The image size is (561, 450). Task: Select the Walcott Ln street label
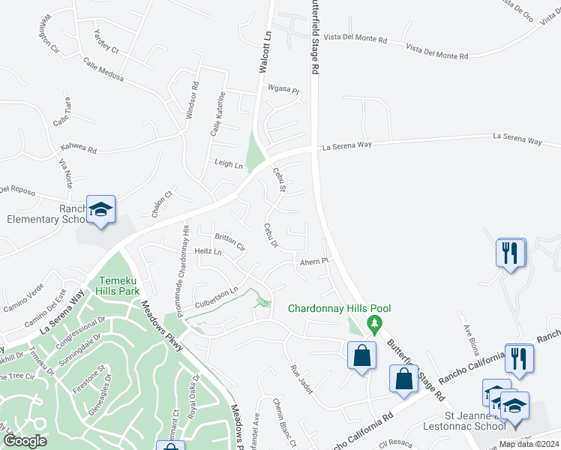[x=264, y=52]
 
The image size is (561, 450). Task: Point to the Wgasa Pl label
[x=284, y=91]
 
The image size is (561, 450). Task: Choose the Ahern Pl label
[x=314, y=261]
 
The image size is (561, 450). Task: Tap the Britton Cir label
[x=229, y=241]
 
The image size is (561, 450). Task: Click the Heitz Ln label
[x=208, y=252]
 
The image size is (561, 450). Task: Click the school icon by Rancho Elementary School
[x=100, y=211]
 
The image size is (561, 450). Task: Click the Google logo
[x=25, y=441]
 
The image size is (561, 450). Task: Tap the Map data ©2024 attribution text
[x=529, y=444]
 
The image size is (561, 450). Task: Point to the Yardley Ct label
[x=110, y=43]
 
